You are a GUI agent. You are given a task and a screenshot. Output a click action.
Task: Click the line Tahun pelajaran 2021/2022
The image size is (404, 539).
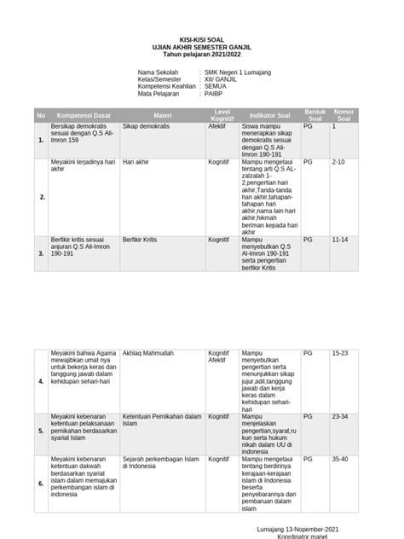coord(202,55)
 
